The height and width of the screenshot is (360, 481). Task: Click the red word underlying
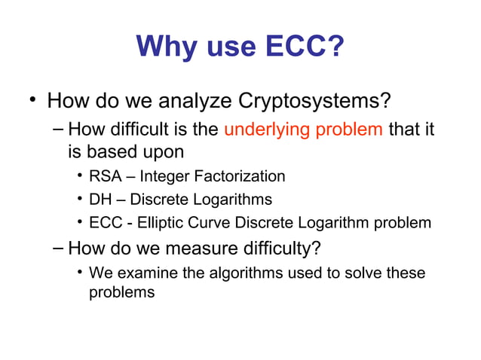pos(265,129)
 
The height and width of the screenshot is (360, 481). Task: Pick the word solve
pos(363,273)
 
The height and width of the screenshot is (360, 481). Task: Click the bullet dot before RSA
pos(79,177)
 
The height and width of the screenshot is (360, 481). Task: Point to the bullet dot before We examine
pos(79,273)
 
